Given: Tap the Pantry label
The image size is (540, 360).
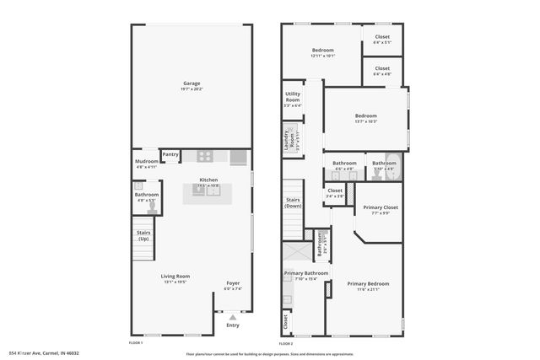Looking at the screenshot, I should (x=170, y=154).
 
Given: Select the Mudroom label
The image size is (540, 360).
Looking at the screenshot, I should (x=146, y=161).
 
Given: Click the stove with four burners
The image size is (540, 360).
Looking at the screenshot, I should (x=204, y=156).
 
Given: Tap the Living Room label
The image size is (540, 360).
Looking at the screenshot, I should (x=175, y=276).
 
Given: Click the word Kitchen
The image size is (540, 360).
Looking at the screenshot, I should (x=208, y=180).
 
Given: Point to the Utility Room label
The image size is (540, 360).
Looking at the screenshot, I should (x=293, y=96).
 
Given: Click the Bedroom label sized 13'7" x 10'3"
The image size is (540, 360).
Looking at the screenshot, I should (x=365, y=116).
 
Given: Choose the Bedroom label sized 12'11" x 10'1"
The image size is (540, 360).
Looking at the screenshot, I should (x=322, y=51).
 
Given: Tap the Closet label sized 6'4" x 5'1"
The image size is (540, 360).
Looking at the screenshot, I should (x=382, y=37).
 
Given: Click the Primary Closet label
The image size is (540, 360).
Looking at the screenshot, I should (x=381, y=207).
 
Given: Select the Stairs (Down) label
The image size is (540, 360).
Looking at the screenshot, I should (x=294, y=203).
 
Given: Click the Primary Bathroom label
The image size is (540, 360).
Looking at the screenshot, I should (x=305, y=273).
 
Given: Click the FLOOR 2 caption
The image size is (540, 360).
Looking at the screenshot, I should (x=286, y=343).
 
